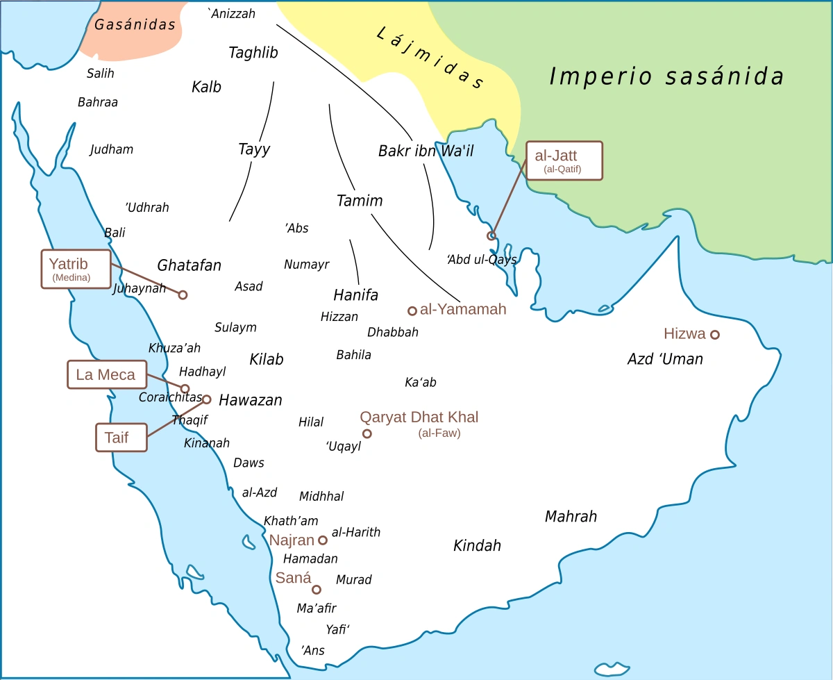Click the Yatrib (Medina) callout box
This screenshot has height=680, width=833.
[76, 269]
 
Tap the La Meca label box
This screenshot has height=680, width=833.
[106, 375]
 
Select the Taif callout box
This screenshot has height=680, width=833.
[121, 438]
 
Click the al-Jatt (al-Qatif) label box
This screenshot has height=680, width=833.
[564, 160]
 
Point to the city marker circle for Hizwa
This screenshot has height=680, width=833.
[714, 335]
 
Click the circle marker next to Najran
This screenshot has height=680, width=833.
[323, 540]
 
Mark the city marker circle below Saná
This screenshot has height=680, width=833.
[317, 590]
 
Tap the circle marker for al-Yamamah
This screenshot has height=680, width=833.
[412, 310]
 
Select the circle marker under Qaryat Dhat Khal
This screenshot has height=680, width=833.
[367, 434]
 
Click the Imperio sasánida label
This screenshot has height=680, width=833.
[666, 76]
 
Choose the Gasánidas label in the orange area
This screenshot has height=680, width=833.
[135, 25]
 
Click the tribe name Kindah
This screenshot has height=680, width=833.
[477, 546]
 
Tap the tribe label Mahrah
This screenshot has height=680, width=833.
[571, 517]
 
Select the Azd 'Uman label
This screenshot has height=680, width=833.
[665, 359]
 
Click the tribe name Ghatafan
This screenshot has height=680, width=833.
[189, 265]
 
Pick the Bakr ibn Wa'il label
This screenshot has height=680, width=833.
[426, 151]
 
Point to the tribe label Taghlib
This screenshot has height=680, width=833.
[253, 53]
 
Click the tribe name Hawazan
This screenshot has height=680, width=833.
[251, 401]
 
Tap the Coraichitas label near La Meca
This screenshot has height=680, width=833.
[170, 398]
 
